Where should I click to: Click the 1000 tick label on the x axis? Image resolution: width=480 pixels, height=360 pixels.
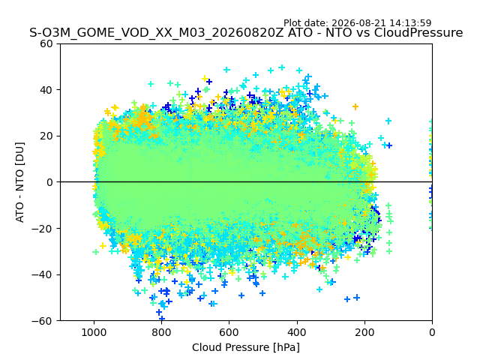94,332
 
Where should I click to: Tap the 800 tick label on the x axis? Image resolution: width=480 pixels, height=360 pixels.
162,332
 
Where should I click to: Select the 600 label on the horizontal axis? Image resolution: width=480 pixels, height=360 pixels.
229,332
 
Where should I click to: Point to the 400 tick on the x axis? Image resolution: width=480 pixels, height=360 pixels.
297,332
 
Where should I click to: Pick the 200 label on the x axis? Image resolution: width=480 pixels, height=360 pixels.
364,332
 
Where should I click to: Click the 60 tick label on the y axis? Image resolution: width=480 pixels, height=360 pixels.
46,43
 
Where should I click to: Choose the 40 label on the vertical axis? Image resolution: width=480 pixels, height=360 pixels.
46,90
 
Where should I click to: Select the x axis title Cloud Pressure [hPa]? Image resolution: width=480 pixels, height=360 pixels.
246,348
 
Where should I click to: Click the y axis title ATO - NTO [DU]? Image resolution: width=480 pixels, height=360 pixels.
20,182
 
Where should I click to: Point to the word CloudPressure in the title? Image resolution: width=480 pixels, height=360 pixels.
418,32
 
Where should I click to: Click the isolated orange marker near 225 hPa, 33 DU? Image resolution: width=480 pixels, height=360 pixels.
355,106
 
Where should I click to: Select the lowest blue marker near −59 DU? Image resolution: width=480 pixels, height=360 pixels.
162,318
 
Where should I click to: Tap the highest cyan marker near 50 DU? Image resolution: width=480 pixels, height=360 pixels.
282,67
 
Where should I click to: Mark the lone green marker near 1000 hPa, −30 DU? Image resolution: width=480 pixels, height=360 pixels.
96,252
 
